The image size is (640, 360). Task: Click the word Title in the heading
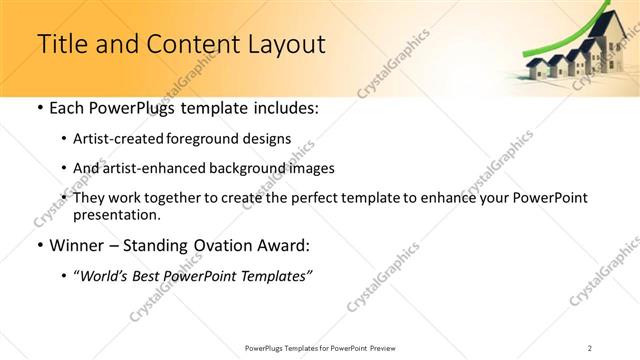(x=61, y=44)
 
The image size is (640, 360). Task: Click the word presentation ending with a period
(x=116, y=214)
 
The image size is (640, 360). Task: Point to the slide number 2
(x=590, y=347)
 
